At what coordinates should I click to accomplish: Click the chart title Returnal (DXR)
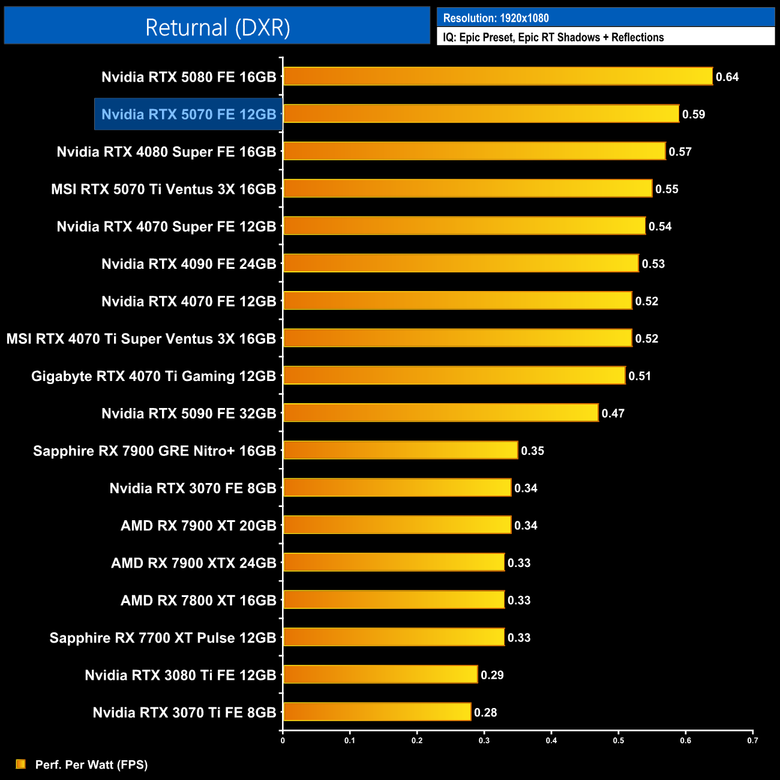pyautogui.click(x=217, y=28)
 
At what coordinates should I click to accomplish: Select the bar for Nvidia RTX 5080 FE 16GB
pyautogui.click(x=497, y=76)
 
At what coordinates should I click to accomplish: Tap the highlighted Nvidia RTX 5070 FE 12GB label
pyautogui.click(x=188, y=114)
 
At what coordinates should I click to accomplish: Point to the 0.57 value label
pyautogui.click(x=680, y=152)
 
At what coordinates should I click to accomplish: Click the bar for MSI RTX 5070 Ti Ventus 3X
pyautogui.click(x=467, y=188)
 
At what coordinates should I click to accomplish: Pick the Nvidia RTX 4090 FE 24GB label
pyautogui.click(x=188, y=264)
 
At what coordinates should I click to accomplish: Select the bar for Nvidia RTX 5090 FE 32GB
pyautogui.click(x=440, y=413)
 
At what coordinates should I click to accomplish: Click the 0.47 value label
pyautogui.click(x=613, y=413)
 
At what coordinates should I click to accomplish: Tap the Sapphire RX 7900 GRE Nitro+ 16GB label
pyautogui.click(x=154, y=451)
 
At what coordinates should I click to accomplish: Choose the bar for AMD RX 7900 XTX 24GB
pyautogui.click(x=394, y=562)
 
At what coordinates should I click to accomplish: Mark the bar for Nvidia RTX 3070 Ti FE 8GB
pyautogui.click(x=377, y=712)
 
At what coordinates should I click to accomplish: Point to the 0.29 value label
pyautogui.click(x=492, y=675)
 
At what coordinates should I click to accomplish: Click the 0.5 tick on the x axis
pyautogui.click(x=618, y=740)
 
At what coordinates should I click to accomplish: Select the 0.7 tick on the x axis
pyautogui.click(x=752, y=740)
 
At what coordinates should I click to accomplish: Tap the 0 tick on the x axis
pyautogui.click(x=283, y=740)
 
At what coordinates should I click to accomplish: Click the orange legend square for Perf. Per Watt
pyautogui.click(x=21, y=764)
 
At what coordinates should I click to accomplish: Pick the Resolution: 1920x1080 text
pyautogui.click(x=496, y=18)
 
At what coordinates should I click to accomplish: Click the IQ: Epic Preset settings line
pyautogui.click(x=553, y=37)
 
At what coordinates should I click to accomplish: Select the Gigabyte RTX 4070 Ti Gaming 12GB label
pyautogui.click(x=154, y=376)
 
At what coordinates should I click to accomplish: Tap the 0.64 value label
pyautogui.click(x=727, y=77)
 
